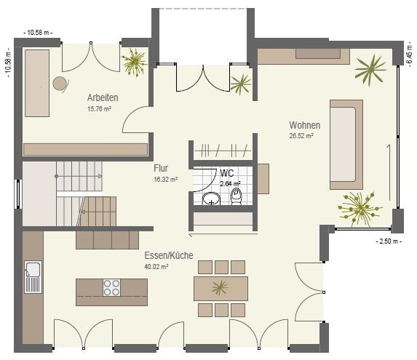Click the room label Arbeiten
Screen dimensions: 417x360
pyautogui.click(x=103, y=97)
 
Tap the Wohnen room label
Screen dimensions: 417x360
pyautogui.click(x=304, y=125)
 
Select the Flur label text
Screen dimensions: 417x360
pyautogui.click(x=161, y=168)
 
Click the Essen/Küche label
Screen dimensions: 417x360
pyautogui.click(x=169, y=255)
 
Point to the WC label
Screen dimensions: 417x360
pyautogui.click(x=227, y=173)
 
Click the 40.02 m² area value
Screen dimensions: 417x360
pyautogui.click(x=156, y=266)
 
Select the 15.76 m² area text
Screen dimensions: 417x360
pyautogui.click(x=99, y=108)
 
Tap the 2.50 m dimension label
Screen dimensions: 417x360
pyautogui.click(x=389, y=241)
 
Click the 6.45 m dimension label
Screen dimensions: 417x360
pyautogui.click(x=409, y=55)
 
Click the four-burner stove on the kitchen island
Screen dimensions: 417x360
pyautogui.click(x=111, y=288)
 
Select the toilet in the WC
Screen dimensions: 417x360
pyautogui.click(x=236, y=196)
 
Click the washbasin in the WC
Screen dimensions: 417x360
pyautogui.click(x=212, y=199)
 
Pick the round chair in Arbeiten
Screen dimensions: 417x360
pyautogui.click(x=60, y=84)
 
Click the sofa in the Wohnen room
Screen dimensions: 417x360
pyautogui.click(x=346, y=145)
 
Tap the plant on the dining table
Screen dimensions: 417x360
pyautogui.click(x=220, y=288)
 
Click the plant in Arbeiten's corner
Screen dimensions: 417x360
pyautogui.click(x=134, y=62)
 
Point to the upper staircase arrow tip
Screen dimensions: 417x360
pyautogui.click(x=101, y=176)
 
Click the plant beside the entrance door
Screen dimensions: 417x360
pyautogui.click(x=241, y=84)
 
